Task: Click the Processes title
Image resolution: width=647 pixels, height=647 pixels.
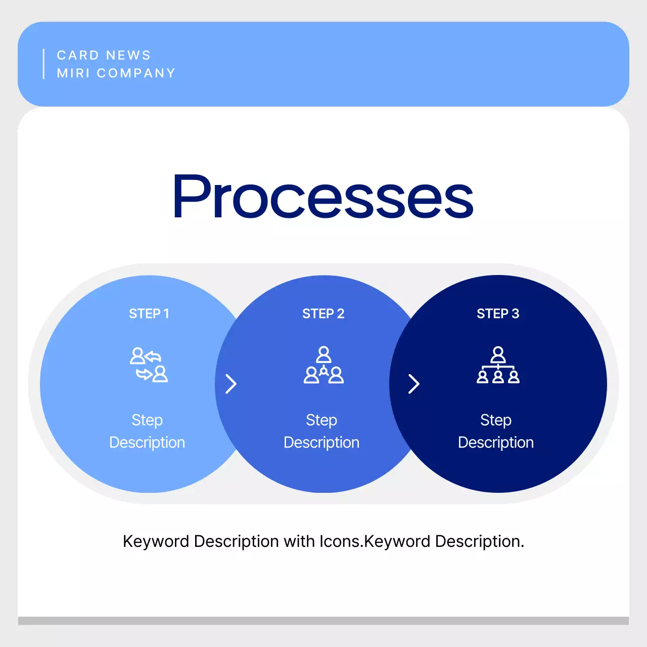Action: pyautogui.click(x=323, y=197)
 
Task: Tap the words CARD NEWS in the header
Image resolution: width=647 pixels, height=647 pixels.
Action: pyautogui.click(x=104, y=55)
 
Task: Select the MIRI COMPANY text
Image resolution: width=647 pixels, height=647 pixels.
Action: pyautogui.click(x=116, y=73)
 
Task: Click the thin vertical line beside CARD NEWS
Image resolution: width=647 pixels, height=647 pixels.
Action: pyautogui.click(x=44, y=64)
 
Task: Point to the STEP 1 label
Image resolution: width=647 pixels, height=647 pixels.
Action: pyautogui.click(x=149, y=314)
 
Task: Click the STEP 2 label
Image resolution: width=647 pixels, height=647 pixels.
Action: pyautogui.click(x=323, y=314)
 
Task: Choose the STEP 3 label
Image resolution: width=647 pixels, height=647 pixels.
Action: pyautogui.click(x=498, y=314)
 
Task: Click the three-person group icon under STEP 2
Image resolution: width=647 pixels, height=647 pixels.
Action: pyautogui.click(x=323, y=365)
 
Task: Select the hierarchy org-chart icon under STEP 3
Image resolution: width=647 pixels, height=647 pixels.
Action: pyautogui.click(x=498, y=365)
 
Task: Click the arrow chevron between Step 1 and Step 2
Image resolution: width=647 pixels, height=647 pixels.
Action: pyautogui.click(x=231, y=384)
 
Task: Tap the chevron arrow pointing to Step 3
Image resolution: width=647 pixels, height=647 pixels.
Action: pyautogui.click(x=414, y=384)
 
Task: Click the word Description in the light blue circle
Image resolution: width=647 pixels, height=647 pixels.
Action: pyautogui.click(x=147, y=443)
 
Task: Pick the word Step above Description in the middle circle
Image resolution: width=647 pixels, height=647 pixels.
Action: pyautogui.click(x=321, y=420)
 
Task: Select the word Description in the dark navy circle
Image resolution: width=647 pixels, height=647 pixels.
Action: pyautogui.click(x=495, y=443)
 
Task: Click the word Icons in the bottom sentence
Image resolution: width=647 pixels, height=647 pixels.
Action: pyautogui.click(x=340, y=541)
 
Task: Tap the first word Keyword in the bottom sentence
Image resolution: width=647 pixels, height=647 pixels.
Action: pyautogui.click(x=156, y=541)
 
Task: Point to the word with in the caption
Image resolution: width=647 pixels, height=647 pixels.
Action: pyautogui.click(x=299, y=541)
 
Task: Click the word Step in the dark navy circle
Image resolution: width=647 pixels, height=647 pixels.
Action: pyautogui.click(x=495, y=420)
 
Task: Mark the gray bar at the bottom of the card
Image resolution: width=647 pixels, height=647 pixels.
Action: pyautogui.click(x=323, y=621)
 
